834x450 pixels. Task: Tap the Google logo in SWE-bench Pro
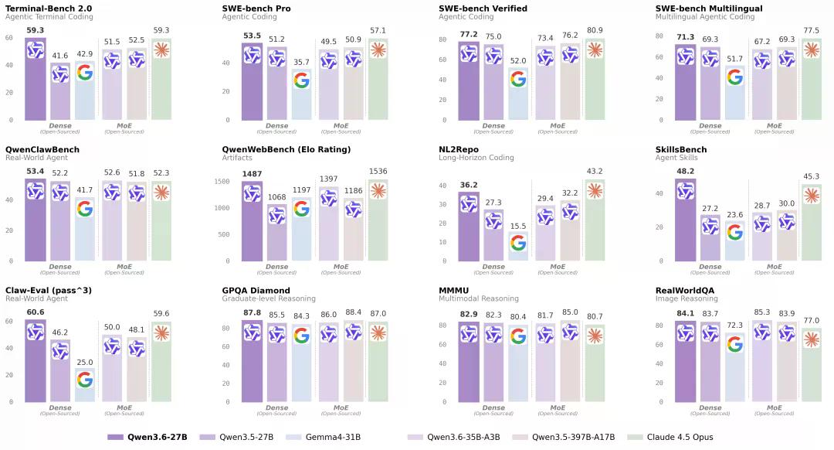click(x=301, y=80)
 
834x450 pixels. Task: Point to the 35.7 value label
click(x=301, y=63)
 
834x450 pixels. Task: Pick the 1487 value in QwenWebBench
click(x=252, y=174)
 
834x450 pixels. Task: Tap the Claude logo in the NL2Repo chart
click(x=595, y=190)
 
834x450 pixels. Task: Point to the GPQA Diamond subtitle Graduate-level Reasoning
click(x=269, y=298)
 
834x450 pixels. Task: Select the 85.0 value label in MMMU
click(x=569, y=312)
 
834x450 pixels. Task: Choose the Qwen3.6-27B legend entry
click(x=147, y=437)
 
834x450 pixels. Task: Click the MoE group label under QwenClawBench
click(x=124, y=266)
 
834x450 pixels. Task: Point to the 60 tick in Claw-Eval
click(x=9, y=321)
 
